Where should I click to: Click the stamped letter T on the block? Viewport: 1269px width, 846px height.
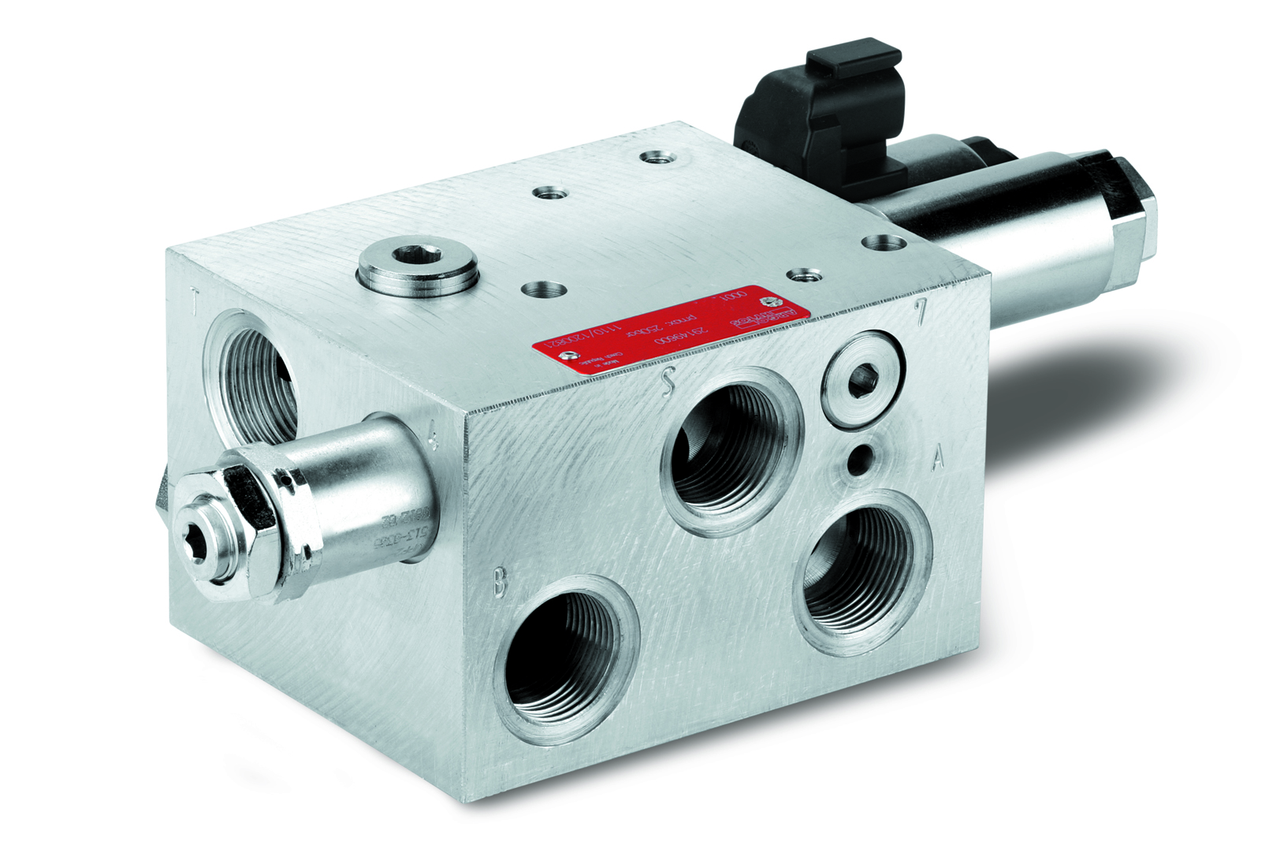pos(195,299)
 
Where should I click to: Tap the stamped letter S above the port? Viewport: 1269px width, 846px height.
pos(668,382)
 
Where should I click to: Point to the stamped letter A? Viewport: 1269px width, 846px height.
pos(937,458)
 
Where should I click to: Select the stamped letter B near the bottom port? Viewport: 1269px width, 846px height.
pos(499,583)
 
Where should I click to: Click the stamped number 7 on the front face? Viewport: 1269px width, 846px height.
pos(920,312)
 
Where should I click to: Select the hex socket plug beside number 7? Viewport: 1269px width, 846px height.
pos(862,380)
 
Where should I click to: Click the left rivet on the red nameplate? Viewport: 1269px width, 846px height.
pos(564,357)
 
